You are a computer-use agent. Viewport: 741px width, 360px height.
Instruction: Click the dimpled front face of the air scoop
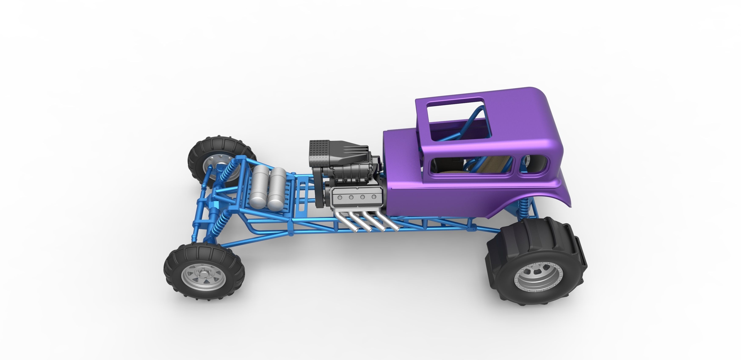[319, 152]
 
